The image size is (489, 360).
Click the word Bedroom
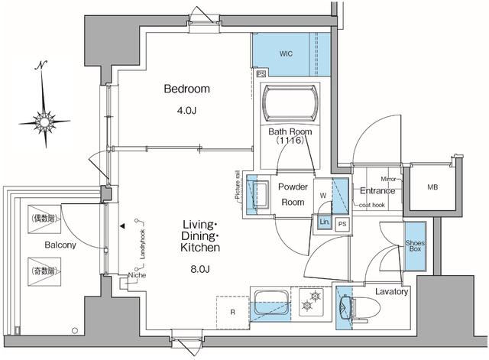pyautogui.click(x=186, y=89)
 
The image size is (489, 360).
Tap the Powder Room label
pyautogui.click(x=292, y=195)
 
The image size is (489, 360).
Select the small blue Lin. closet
pyautogui.click(x=324, y=222)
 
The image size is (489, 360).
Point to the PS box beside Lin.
pyautogui.click(x=342, y=223)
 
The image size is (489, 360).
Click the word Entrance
pyautogui.click(x=377, y=190)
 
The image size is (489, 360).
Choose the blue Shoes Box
pyautogui.click(x=416, y=245)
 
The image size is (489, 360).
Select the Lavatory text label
pyautogui.click(x=392, y=292)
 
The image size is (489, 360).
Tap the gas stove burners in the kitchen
pyautogui.click(x=312, y=301)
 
